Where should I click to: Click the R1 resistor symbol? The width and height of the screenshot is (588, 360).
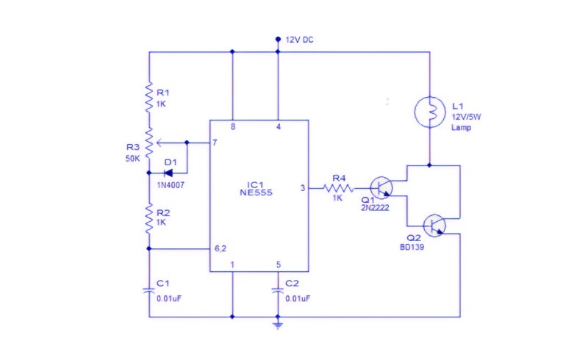[149, 97]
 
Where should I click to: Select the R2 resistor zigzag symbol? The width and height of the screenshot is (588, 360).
[149, 219]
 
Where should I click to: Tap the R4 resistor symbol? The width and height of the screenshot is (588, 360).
[338, 188]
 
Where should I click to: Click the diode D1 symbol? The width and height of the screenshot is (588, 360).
[168, 173]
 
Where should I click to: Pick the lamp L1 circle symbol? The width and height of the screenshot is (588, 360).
[430, 112]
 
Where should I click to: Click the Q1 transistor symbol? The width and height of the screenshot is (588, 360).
[381, 187]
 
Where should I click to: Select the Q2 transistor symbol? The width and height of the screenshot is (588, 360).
[434, 226]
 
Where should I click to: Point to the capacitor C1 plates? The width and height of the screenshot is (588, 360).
[149, 290]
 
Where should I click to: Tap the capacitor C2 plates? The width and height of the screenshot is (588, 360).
[278, 290]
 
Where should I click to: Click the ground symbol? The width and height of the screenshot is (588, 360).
[278, 325]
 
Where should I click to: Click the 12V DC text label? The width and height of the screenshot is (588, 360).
[299, 40]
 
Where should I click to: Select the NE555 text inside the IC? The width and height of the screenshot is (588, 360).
[256, 192]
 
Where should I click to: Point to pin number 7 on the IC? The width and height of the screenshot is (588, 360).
[215, 143]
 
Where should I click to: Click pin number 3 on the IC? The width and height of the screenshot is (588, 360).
[303, 188]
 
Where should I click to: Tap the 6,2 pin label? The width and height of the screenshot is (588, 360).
[220, 248]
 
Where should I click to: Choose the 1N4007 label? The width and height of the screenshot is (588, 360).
[171, 185]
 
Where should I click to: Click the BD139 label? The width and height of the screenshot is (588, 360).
[412, 247]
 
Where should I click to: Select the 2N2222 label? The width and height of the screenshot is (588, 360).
[375, 208]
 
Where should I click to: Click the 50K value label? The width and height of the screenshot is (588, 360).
[133, 159]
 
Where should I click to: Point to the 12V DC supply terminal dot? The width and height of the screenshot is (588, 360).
[278, 39]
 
